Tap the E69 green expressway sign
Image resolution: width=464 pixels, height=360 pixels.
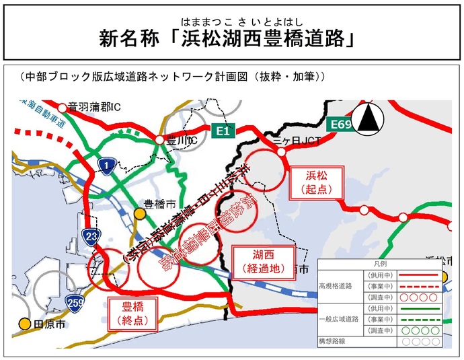click(339, 125)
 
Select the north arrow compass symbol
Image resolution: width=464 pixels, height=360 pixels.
click(369, 119)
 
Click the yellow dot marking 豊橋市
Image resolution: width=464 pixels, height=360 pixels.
click(139, 213)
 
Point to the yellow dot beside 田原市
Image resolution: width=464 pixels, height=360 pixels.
click(25, 324)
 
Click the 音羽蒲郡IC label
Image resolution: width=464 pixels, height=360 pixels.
click(94, 106)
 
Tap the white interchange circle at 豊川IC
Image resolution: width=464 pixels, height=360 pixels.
click(159, 140)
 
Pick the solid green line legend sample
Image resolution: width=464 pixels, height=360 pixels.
click(419, 308)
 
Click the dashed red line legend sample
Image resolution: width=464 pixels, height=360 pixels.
click(419, 285)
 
